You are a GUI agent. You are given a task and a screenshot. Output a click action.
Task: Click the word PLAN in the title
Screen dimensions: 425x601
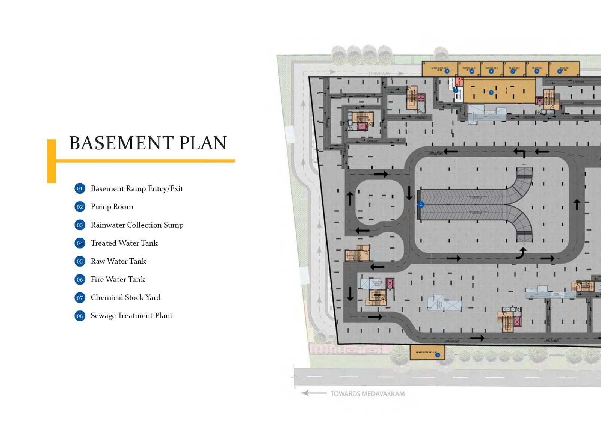pyautogui.click(x=203, y=143)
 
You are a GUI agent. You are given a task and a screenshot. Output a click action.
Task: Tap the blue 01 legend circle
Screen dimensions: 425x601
pyautogui.click(x=80, y=188)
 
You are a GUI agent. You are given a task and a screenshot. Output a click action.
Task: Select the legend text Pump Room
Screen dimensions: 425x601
pyautogui.click(x=112, y=207)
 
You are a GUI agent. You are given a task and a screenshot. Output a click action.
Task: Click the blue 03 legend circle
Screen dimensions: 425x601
pyautogui.click(x=80, y=225)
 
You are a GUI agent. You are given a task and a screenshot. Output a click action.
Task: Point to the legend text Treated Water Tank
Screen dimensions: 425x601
pyautogui.click(x=124, y=243)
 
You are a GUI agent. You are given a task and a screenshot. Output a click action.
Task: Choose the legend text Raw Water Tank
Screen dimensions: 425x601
pyautogui.click(x=118, y=261)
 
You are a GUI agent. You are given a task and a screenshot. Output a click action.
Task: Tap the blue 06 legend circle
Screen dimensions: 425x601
pyautogui.click(x=80, y=279)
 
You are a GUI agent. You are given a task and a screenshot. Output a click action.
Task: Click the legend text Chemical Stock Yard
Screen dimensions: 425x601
pyautogui.click(x=125, y=297)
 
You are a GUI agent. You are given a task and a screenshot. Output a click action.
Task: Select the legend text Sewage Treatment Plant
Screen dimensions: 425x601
pyautogui.click(x=131, y=316)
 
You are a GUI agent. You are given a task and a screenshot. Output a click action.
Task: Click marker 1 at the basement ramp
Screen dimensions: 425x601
pyautogui.click(x=421, y=205)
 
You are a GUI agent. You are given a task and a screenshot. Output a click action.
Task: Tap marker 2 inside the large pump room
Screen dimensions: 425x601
pyautogui.click(x=491, y=92)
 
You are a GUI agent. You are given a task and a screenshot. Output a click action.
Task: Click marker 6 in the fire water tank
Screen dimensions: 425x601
pyautogui.click(x=560, y=71)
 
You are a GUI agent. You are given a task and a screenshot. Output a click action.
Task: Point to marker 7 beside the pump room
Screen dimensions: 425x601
pyautogui.click(x=456, y=90)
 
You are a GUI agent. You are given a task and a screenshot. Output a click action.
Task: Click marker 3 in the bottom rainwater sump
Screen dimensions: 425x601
pyautogui.click(x=438, y=355)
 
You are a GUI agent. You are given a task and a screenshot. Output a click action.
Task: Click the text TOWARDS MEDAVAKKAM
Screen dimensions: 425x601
pyautogui.click(x=367, y=394)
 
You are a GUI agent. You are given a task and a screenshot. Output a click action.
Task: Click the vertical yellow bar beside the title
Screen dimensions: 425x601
pyautogui.click(x=51, y=161)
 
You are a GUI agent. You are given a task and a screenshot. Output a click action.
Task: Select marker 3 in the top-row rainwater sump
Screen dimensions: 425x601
pyautogui.click(x=447, y=71)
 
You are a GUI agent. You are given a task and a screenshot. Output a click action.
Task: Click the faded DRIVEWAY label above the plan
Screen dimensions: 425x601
pyautogui.click(x=379, y=74)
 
